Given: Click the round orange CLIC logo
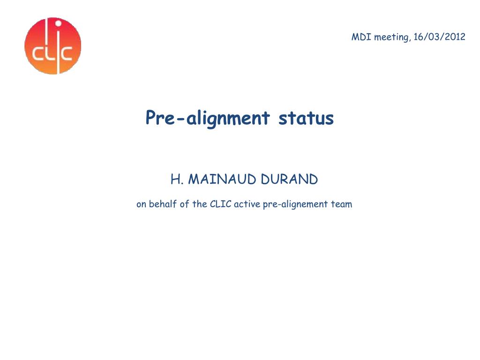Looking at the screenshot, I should point(52,46).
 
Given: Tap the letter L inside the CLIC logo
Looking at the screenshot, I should point(49,54).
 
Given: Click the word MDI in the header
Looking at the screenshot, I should point(361,37).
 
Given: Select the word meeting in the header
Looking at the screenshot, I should point(392,37).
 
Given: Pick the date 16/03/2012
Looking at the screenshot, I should point(439,37).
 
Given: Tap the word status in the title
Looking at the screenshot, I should point(306,118).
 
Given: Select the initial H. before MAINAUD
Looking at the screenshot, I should point(176,179).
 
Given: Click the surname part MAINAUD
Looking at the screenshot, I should point(220,179).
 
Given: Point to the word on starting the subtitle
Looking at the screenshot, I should point(142,204).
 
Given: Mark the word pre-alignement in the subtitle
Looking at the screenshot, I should point(292,205).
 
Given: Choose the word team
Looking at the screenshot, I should point(342,204).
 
